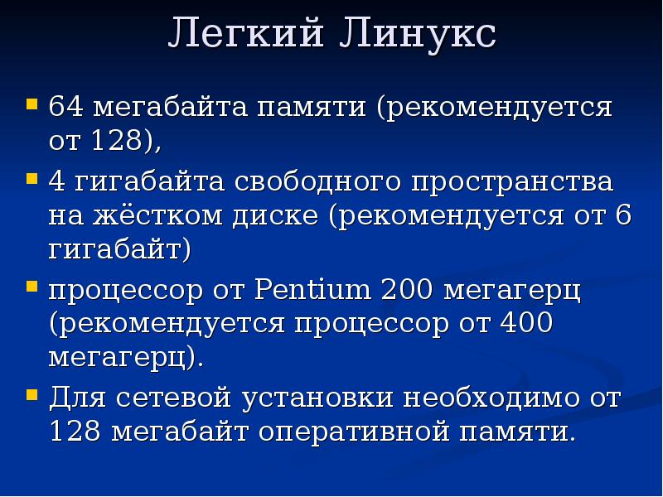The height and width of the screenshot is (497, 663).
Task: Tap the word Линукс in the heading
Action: pyautogui.click(x=418, y=36)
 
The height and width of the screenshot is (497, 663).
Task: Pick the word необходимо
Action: pyautogui.click(x=491, y=398)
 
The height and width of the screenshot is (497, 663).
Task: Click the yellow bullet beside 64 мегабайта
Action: pyautogui.click(x=31, y=105)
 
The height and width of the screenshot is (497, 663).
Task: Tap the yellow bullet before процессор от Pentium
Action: pyautogui.click(x=31, y=287)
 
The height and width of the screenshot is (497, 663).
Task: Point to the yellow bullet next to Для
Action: pyautogui.click(x=31, y=394)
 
